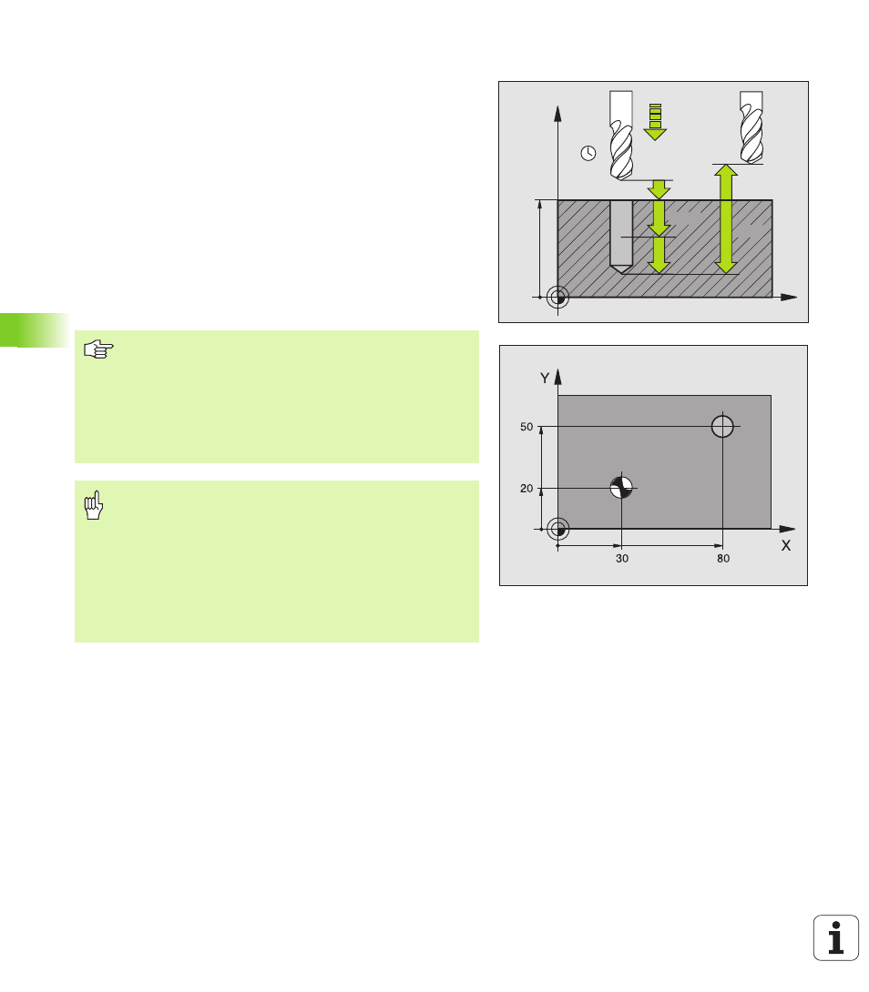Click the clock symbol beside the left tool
coord(588,153)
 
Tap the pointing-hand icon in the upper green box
coord(98,349)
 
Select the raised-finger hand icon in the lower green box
coord(94,505)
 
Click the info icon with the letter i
coord(836,937)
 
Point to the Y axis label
coord(544,379)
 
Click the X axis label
coord(786,545)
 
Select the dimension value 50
coord(527,427)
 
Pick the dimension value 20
coord(527,489)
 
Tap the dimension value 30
coord(622,559)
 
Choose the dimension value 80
coord(723,559)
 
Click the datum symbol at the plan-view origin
coord(558,529)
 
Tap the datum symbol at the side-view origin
coord(558,297)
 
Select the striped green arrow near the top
coord(655,121)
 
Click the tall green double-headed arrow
coord(725,219)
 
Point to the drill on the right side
coord(751,127)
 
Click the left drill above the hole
coord(621,136)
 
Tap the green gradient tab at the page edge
coord(35,329)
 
